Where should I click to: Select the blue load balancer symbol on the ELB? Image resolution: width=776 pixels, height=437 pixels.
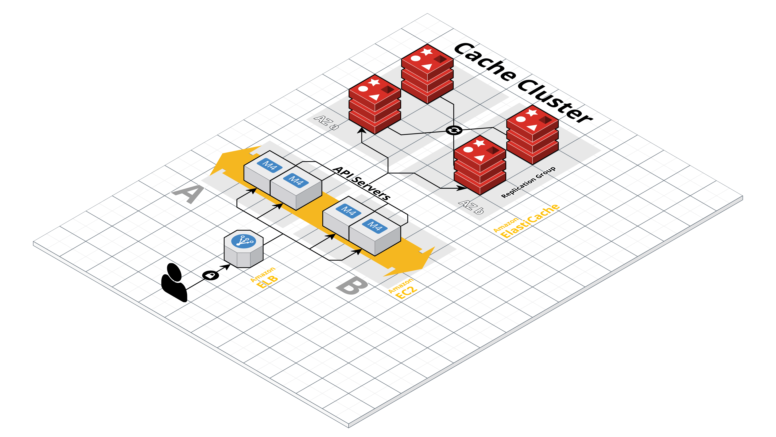(243, 241)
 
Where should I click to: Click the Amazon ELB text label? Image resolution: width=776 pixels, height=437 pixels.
(264, 278)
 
